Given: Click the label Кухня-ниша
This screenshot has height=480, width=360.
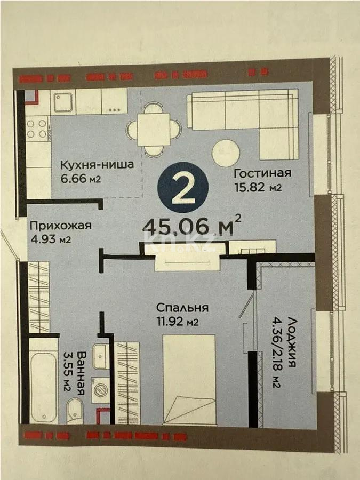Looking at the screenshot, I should (97, 164).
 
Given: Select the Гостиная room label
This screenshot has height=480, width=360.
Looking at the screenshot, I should (262, 173).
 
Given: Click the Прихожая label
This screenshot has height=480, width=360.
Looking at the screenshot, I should (60, 225).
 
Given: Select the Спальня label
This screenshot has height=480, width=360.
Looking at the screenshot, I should (182, 308).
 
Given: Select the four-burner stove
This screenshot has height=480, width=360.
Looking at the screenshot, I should (37, 129).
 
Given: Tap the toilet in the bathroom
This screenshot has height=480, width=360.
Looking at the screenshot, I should (75, 413).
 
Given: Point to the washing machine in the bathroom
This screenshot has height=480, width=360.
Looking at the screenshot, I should (100, 389).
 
